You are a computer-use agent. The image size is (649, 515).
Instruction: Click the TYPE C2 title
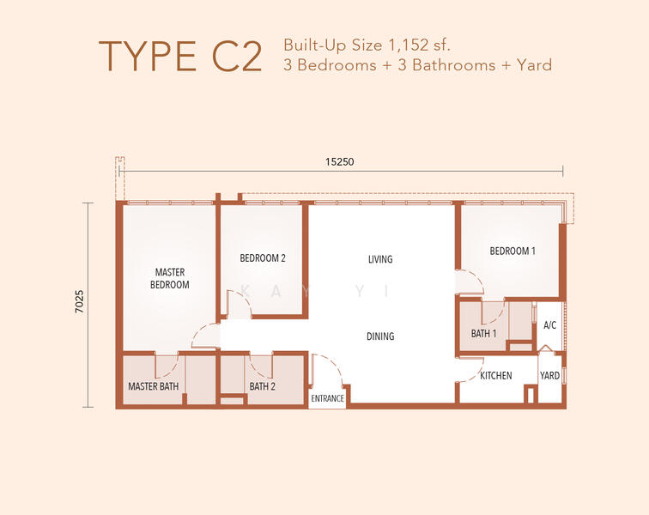(179, 56)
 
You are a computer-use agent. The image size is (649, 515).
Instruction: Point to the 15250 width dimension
(340, 161)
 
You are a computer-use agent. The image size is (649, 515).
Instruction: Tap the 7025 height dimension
(79, 304)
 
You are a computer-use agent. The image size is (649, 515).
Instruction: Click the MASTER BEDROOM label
(170, 278)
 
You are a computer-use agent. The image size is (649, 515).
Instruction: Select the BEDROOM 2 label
(262, 257)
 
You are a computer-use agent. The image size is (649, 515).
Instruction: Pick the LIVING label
(380, 258)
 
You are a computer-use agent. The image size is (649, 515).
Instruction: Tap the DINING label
(380, 336)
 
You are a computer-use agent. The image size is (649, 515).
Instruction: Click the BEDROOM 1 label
(513, 251)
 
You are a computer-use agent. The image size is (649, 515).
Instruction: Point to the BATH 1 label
(483, 333)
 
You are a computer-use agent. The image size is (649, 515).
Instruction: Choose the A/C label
(550, 325)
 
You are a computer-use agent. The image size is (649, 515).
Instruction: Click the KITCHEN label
(495, 376)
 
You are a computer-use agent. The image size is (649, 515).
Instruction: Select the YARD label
(549, 376)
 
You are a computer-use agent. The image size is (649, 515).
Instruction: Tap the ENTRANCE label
(327, 398)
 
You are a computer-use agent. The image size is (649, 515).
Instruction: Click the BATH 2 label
(262, 386)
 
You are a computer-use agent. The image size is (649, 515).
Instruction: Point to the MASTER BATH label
(153, 386)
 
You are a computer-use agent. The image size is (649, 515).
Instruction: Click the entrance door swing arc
(330, 369)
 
